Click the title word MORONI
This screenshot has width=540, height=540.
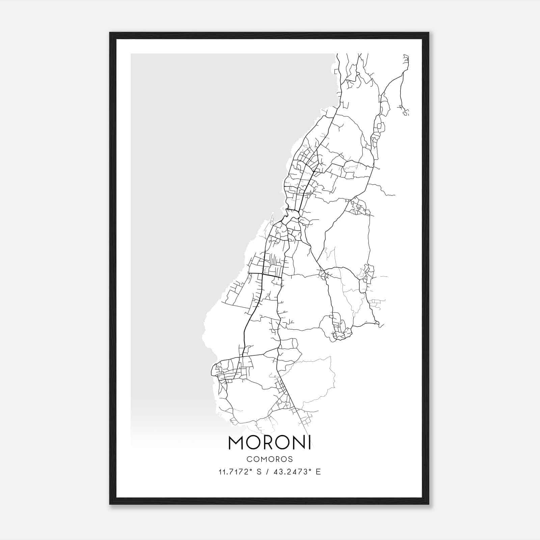(269, 442)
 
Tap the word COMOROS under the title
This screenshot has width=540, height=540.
(270, 459)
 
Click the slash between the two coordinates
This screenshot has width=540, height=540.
(267, 472)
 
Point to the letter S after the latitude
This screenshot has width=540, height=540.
(259, 472)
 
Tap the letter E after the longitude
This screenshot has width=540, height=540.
(318, 472)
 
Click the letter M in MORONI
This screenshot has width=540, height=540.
(237, 442)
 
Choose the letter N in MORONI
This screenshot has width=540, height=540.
(298, 442)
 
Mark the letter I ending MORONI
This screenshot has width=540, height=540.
(309, 442)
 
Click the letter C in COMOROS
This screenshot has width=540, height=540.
(249, 459)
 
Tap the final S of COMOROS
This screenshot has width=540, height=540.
(291, 459)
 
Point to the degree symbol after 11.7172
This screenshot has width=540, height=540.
(251, 470)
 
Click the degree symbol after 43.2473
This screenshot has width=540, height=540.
(310, 470)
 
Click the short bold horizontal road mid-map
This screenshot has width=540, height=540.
(272, 276)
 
